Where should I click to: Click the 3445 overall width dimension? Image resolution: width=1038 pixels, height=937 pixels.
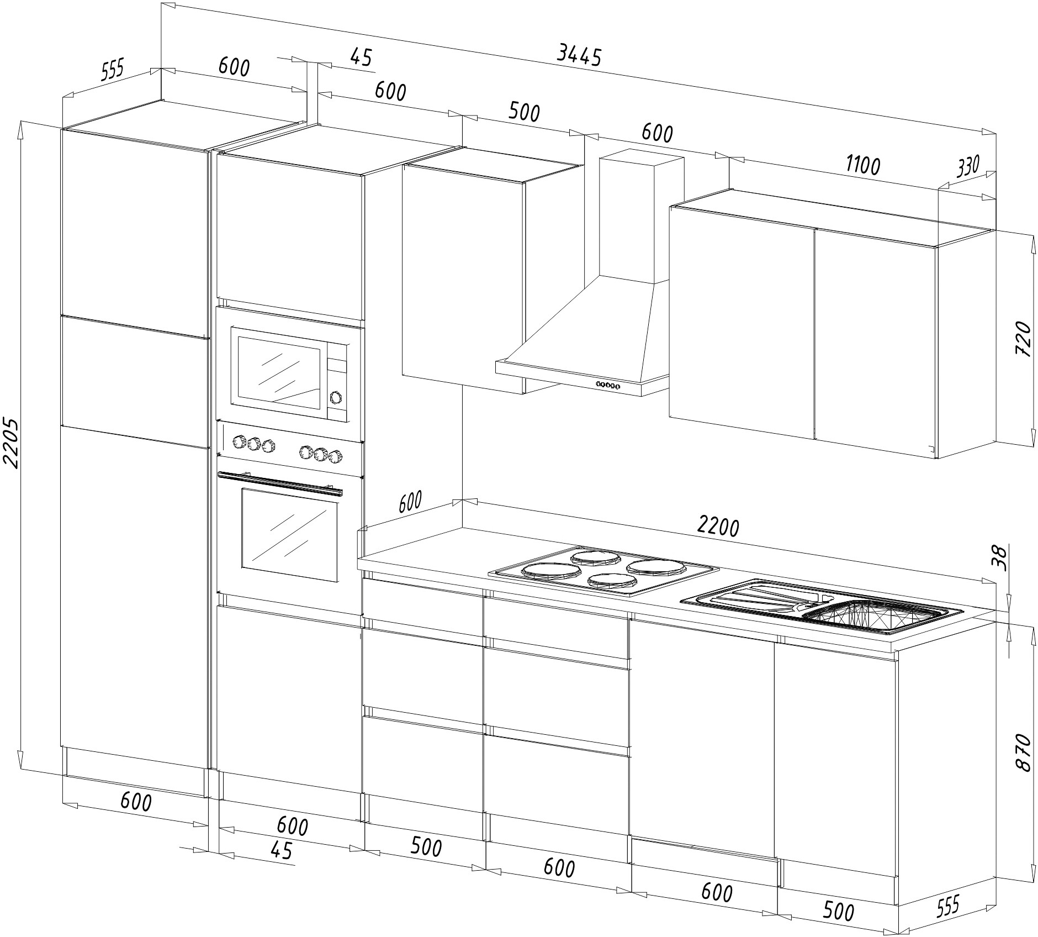click(x=579, y=55)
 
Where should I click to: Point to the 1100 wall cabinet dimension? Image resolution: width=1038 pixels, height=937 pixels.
click(x=862, y=165)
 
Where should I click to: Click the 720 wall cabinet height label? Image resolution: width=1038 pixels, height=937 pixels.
click(x=1023, y=339)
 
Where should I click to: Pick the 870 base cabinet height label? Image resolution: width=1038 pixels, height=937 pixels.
click(x=1023, y=753)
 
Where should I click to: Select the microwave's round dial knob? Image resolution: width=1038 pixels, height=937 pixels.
click(x=335, y=397)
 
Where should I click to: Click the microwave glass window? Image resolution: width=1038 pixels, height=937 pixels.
click(x=279, y=375)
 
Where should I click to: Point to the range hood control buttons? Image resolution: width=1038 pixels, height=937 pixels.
click(x=607, y=385)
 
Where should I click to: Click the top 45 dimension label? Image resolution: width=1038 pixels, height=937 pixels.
click(x=362, y=57)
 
